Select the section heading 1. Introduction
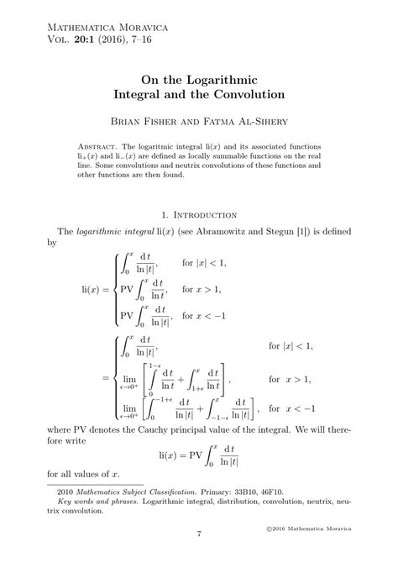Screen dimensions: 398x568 199,215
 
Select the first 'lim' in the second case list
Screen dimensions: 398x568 128,378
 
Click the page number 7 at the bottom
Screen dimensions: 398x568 199,535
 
